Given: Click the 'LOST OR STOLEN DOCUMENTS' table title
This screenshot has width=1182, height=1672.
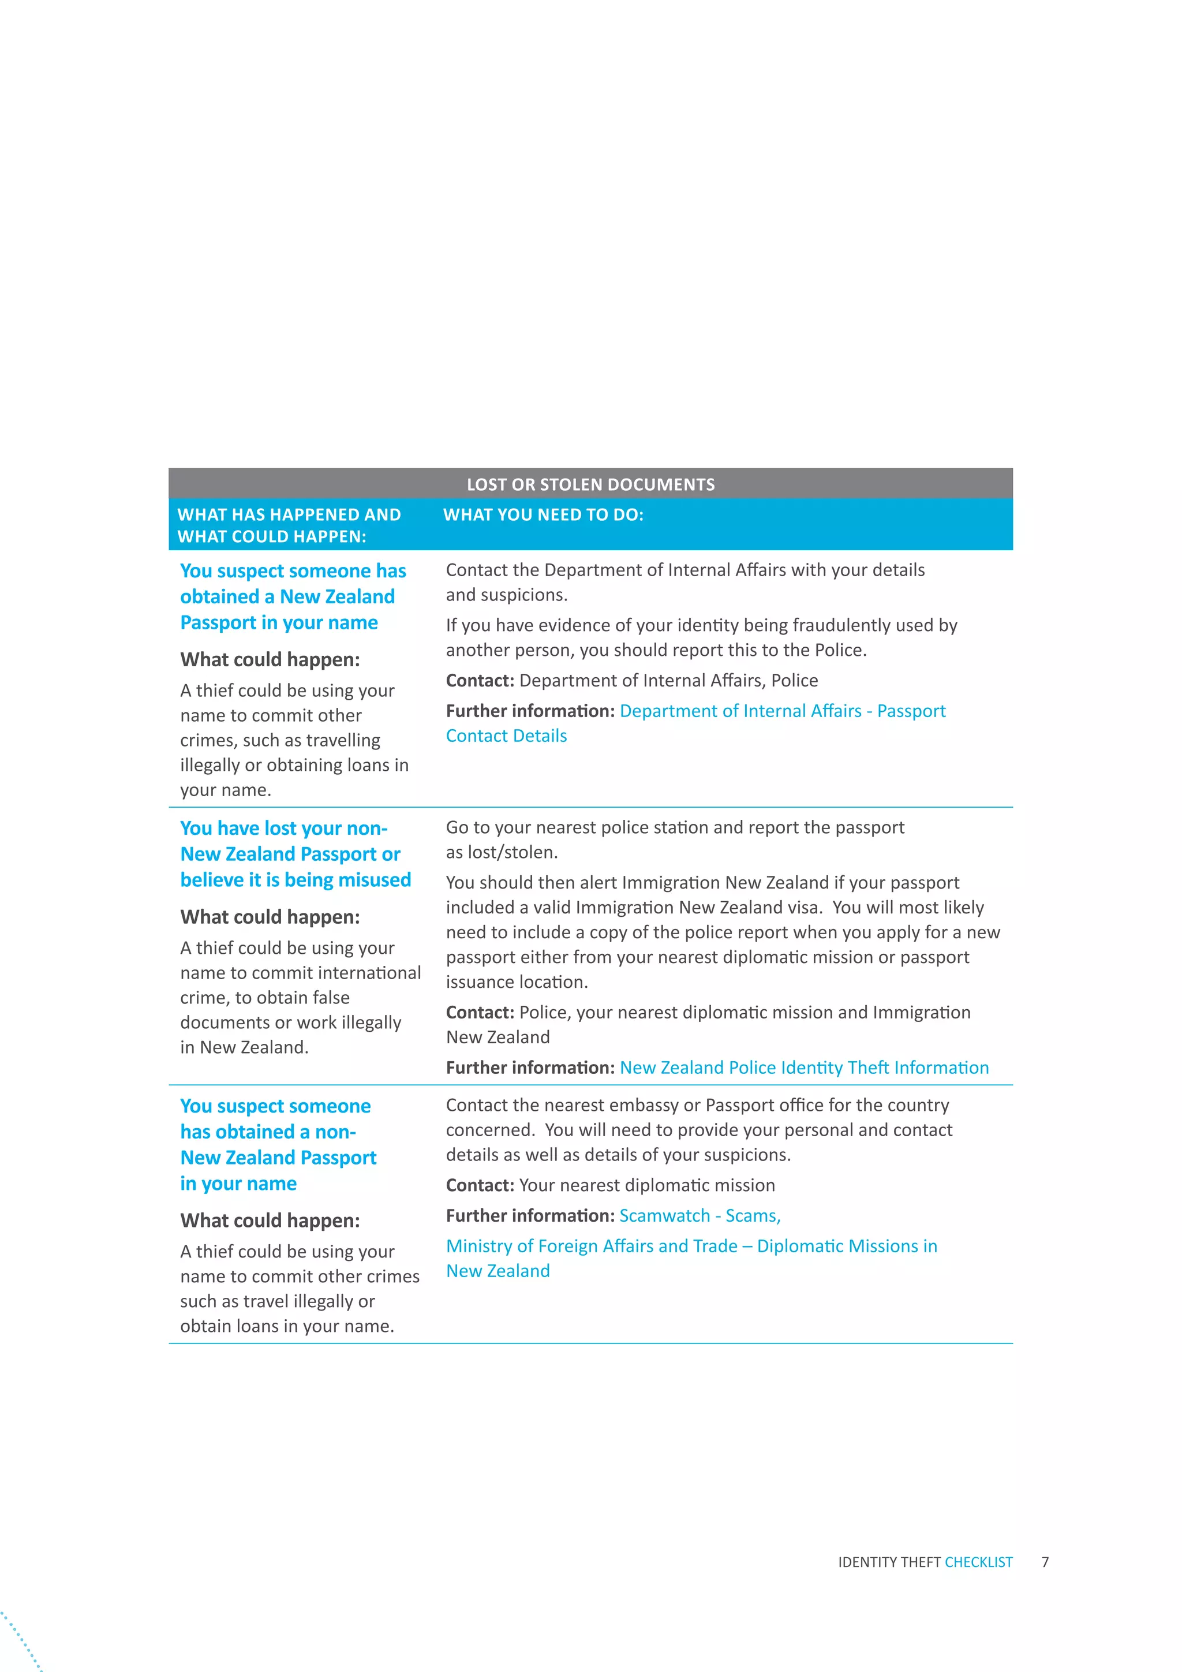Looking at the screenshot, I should (x=590, y=484).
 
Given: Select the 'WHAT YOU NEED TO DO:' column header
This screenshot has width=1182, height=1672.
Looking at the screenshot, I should (x=543, y=515).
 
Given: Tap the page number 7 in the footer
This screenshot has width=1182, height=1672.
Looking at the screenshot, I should (x=1045, y=1561).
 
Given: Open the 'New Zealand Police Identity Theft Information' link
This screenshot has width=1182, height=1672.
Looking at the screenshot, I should (x=803, y=1068).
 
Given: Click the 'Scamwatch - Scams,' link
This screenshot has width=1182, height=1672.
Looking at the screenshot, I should (x=700, y=1215).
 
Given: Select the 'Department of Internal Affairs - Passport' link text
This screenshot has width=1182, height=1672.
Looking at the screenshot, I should (x=783, y=711).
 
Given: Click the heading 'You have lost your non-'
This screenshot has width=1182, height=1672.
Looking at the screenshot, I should (x=284, y=828).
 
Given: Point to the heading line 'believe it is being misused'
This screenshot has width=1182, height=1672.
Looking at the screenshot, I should (x=295, y=880).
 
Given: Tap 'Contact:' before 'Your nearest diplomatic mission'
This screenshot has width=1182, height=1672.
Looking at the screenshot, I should (x=480, y=1185).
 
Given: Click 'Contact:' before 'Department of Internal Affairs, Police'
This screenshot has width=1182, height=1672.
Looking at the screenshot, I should (x=480, y=680).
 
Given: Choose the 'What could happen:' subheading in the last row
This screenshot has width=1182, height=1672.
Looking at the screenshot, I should (x=270, y=1221).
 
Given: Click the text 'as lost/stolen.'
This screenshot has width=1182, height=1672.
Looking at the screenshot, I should (x=502, y=852).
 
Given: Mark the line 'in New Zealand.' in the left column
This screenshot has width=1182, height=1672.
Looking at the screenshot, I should (x=245, y=1047).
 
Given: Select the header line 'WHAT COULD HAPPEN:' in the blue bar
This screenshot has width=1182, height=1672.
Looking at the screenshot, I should (x=271, y=537).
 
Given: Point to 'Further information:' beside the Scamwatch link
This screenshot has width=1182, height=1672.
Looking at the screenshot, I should (x=530, y=1215).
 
